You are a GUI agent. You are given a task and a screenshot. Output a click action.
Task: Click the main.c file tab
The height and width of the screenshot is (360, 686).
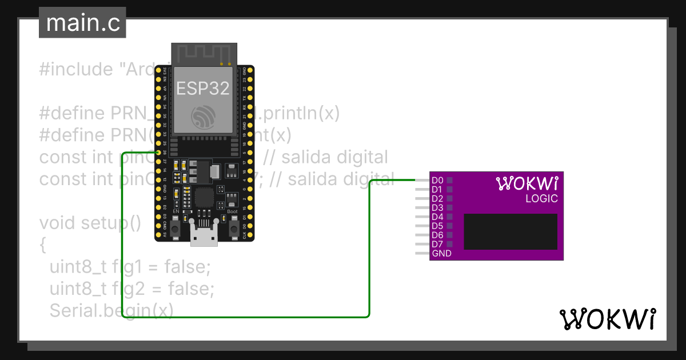click(x=82, y=23)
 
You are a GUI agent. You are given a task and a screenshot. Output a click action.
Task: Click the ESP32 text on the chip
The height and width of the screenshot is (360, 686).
click(x=202, y=88)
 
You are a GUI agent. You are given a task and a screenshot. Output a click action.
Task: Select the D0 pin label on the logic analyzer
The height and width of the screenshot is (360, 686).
click(x=438, y=180)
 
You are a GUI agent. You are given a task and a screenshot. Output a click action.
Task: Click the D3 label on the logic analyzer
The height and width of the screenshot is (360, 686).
click(x=438, y=207)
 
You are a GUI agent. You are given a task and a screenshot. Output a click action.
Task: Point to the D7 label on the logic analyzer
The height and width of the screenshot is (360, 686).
click(x=438, y=244)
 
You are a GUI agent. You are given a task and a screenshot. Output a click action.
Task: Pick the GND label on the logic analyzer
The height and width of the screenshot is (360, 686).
click(x=442, y=253)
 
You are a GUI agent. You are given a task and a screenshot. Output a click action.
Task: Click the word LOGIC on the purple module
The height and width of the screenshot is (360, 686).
click(x=541, y=199)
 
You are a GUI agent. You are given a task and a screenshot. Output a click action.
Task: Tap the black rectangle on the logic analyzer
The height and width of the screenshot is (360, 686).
click(x=510, y=231)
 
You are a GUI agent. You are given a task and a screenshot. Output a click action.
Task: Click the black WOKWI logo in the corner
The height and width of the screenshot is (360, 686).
click(x=607, y=319)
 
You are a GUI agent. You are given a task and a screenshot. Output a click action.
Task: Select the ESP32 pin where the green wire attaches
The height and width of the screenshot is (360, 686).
click(x=157, y=152)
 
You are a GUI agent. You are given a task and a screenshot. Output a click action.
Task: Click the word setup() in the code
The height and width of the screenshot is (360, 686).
click(x=111, y=222)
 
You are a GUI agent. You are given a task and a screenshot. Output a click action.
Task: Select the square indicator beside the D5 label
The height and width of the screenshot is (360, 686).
click(x=449, y=226)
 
